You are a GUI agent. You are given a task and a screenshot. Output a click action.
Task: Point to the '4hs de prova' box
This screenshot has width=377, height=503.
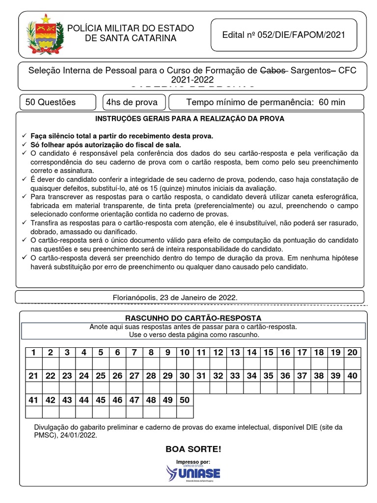[132, 102]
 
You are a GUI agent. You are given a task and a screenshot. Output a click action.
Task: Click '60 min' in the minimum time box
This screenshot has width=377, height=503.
[332, 102]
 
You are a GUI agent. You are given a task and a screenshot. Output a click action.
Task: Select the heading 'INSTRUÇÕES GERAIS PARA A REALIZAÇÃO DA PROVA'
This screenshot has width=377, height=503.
[189, 119]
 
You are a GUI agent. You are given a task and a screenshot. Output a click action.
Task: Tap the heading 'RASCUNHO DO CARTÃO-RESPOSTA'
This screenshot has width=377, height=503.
[193, 318]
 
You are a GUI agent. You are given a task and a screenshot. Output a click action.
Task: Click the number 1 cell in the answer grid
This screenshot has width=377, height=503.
[33, 352]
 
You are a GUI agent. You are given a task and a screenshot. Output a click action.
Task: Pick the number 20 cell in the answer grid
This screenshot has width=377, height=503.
[352, 352]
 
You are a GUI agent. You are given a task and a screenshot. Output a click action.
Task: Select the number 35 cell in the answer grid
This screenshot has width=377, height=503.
[268, 376]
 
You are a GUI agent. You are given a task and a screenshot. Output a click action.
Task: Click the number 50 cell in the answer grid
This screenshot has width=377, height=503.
[185, 400]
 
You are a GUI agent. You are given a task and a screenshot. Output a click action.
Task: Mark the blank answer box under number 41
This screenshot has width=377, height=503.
[33, 412]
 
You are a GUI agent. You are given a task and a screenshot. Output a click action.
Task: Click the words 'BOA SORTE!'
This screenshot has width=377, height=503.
[193, 449]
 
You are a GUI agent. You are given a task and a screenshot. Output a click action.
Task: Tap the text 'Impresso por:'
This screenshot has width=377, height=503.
[193, 462]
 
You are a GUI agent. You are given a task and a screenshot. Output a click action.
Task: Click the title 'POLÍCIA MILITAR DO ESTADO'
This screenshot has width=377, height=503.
[130, 28]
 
